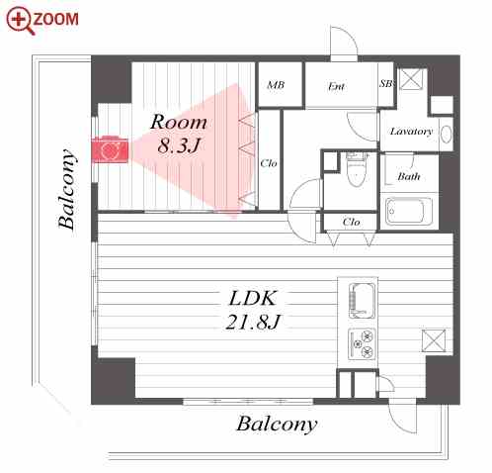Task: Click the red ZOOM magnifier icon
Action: point(21,21)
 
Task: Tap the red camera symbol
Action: point(110,149)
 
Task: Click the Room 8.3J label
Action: point(179,134)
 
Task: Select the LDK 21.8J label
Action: point(253,310)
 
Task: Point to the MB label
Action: point(276,85)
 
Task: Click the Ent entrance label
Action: point(336,86)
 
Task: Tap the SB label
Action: point(386,84)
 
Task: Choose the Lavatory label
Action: point(411,132)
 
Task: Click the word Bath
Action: point(409,176)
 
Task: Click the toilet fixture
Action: point(357,169)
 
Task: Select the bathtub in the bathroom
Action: point(409,212)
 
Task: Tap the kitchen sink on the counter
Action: point(362,301)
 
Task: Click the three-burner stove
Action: point(362,344)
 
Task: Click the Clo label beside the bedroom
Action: point(269,163)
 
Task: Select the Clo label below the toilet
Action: point(351,222)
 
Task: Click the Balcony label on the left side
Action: point(67,190)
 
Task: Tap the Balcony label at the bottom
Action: point(277,424)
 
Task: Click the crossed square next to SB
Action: point(410,79)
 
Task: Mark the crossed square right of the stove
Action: point(434,340)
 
